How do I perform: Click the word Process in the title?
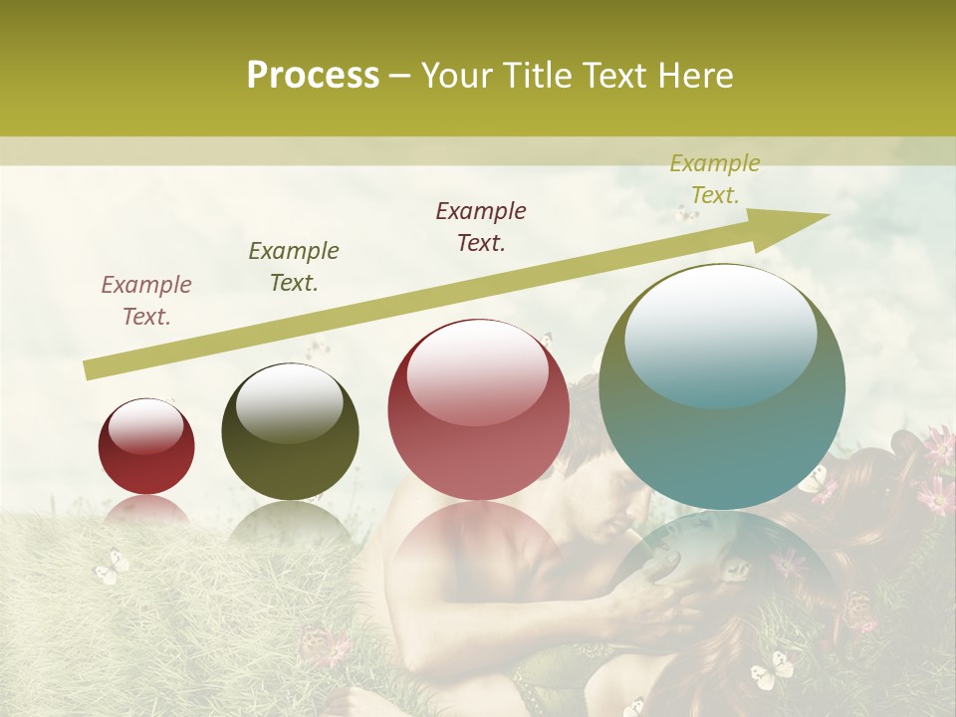(x=313, y=76)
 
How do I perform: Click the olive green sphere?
(x=290, y=432)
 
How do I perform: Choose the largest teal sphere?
(x=722, y=386)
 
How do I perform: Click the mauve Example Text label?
(x=146, y=301)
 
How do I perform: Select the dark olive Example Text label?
(x=294, y=266)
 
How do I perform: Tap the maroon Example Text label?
(x=481, y=226)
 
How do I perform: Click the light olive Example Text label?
(x=714, y=179)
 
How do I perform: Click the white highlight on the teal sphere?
(x=720, y=334)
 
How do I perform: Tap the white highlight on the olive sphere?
(x=290, y=404)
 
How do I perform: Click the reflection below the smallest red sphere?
(x=146, y=510)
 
